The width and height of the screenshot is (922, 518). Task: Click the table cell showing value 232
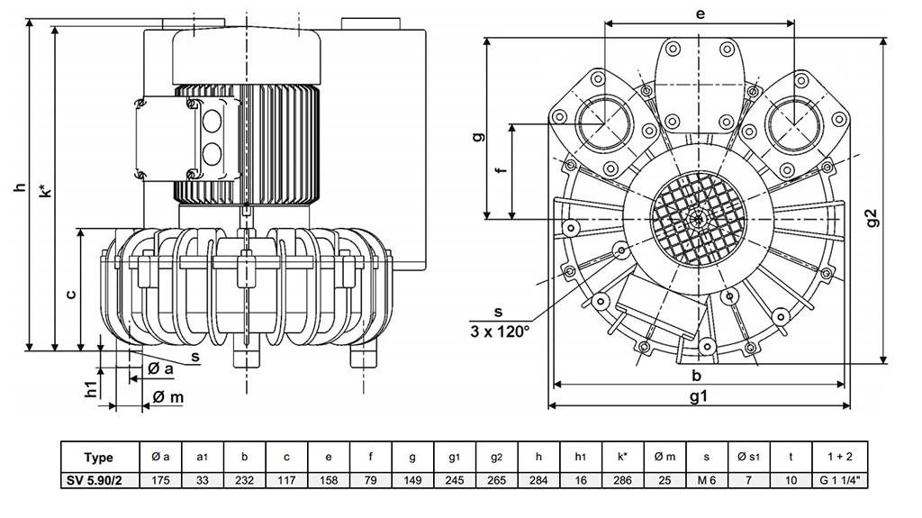pos(244,481)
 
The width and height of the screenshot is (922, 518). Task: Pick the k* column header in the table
pos(622,457)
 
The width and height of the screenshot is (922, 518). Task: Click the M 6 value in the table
pos(707,481)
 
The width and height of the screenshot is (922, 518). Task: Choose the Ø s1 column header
pos(749,457)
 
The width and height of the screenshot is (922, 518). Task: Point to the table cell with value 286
pos(622,481)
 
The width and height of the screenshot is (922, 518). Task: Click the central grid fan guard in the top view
pos(700,220)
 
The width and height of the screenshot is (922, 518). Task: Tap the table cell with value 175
pos(161,481)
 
